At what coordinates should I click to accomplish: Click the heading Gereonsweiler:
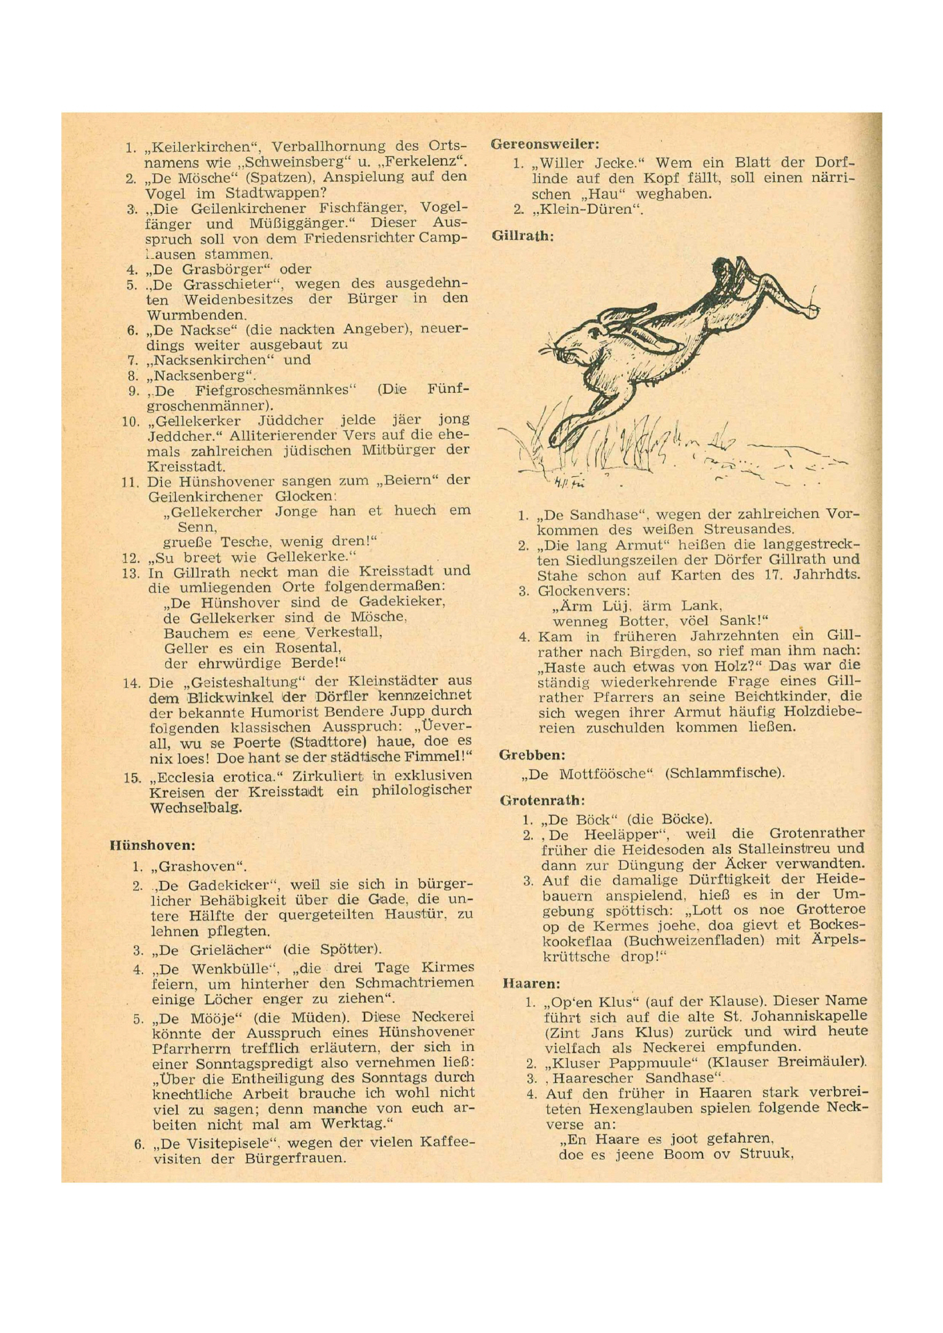click(544, 144)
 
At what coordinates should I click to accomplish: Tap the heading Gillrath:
click(523, 236)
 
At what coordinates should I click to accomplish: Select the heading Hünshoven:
click(152, 846)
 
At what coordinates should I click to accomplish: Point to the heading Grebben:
click(532, 755)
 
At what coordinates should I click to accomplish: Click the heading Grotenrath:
click(542, 800)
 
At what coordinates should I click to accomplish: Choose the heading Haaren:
click(531, 984)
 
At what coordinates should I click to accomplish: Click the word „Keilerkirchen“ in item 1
click(202, 147)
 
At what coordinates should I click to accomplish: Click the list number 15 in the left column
click(132, 778)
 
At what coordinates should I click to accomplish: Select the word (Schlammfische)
click(724, 773)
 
